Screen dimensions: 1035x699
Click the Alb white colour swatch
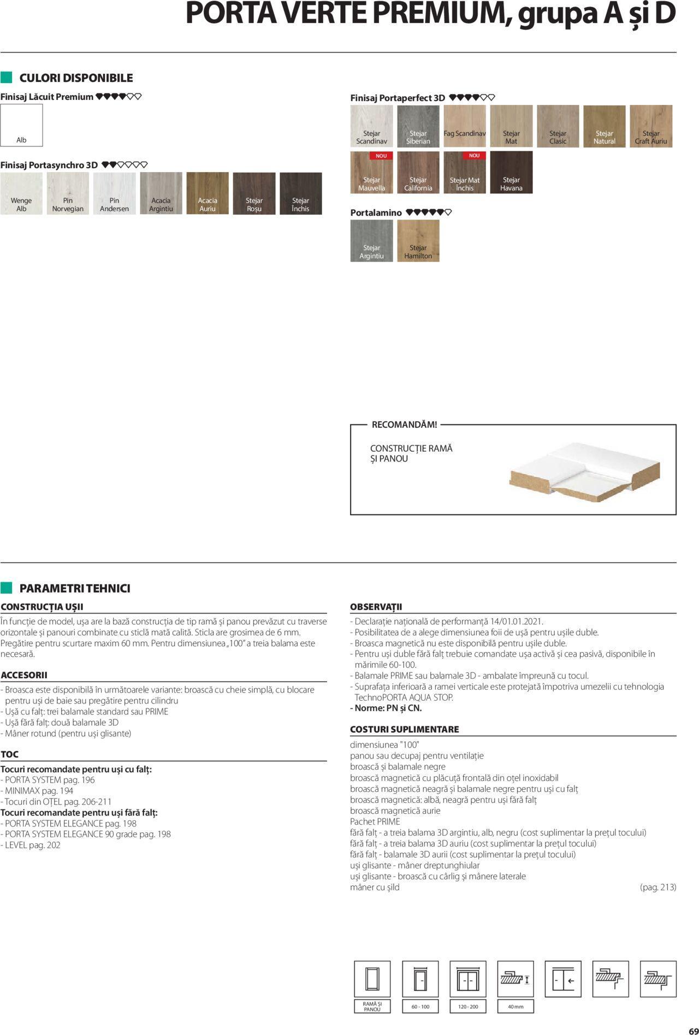[21, 125]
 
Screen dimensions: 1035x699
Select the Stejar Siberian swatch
[418, 126]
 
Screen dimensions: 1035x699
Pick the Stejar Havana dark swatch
[511, 173]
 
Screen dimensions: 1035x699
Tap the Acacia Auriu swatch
[208, 193]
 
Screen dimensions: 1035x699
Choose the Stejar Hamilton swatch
[418, 241]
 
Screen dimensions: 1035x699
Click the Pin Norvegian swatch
[68, 193]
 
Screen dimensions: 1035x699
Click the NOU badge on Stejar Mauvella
[381, 156]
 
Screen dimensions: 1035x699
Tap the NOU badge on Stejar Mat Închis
[474, 156]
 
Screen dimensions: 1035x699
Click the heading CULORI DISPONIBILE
[76, 78]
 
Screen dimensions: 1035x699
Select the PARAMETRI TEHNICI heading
[75, 588]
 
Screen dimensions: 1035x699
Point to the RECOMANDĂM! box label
[404, 424]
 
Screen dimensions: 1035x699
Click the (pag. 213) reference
[657, 887]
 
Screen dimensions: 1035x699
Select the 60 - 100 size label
[420, 1006]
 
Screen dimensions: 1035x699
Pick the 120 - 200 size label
[468, 1006]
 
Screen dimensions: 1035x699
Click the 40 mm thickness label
[516, 1006]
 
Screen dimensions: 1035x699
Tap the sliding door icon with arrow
[563, 979]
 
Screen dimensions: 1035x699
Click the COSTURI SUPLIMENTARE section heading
[404, 729]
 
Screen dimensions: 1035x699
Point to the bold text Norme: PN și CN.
[386, 708]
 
